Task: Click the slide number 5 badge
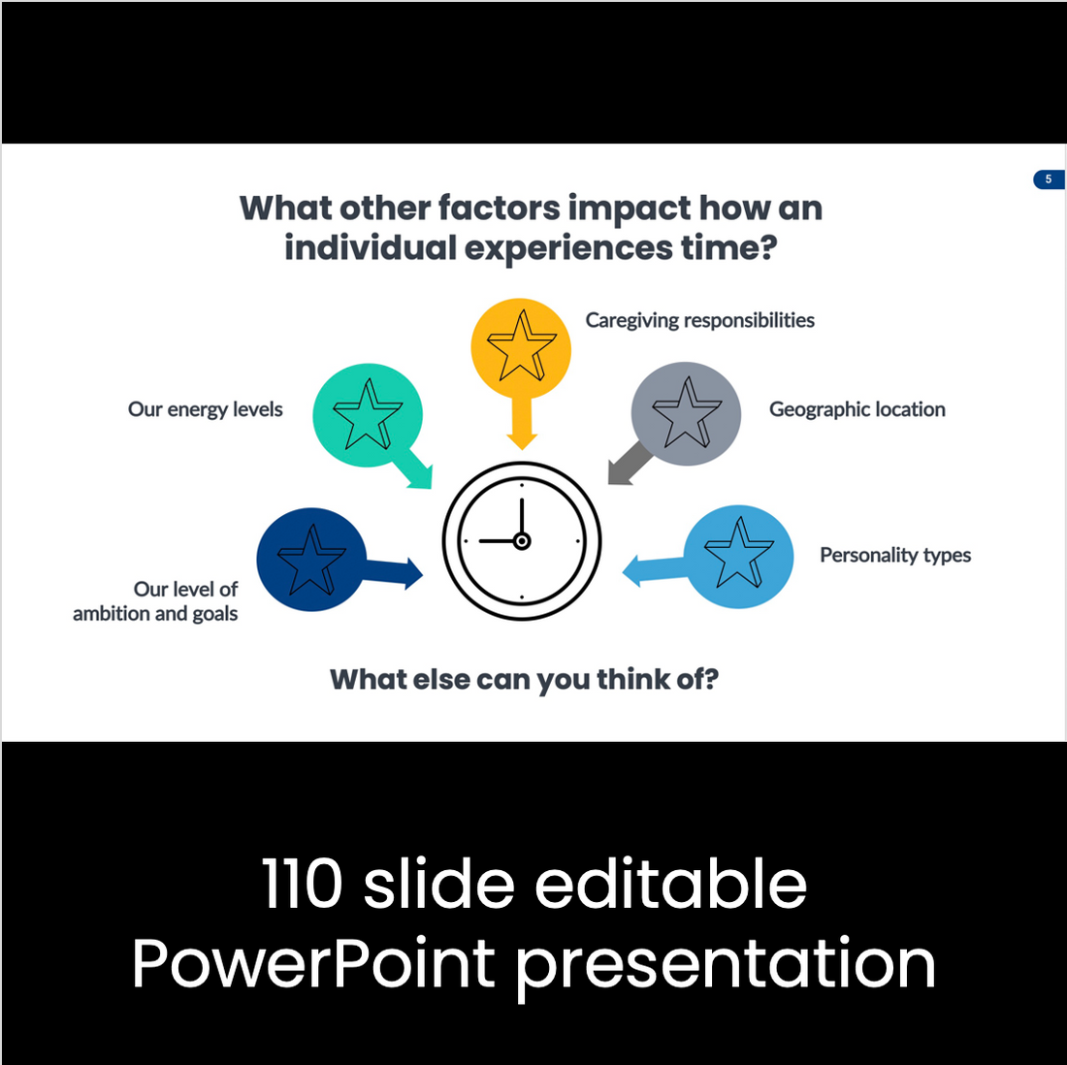coord(1049,179)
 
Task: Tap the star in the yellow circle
coord(521,345)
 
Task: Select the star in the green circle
coord(368,414)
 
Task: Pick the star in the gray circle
coord(686,412)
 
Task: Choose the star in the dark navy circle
coord(311,560)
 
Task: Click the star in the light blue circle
coord(738,552)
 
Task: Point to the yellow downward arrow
coord(522,422)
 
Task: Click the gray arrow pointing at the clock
coord(629,463)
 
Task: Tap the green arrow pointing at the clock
coord(411,468)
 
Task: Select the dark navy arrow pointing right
coord(393,572)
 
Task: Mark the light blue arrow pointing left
coord(654,570)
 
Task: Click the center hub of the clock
coord(522,541)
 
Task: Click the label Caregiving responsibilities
coord(699,320)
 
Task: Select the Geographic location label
coord(857,409)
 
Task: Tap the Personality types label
coord(895,556)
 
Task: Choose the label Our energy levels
coord(205,409)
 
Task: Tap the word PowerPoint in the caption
coord(313,963)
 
